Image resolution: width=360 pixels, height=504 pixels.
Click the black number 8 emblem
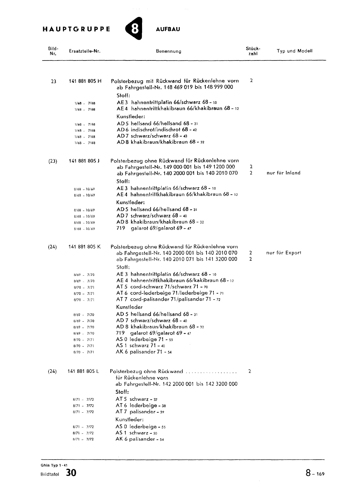134,29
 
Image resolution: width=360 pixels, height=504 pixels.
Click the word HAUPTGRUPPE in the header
77,29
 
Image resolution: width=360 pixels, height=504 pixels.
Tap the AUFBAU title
168,29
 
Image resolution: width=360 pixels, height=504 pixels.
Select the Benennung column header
169,51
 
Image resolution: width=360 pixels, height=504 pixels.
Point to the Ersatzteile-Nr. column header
84,51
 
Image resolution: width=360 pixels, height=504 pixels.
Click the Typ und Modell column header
294,51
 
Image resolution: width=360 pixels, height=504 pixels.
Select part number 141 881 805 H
85,81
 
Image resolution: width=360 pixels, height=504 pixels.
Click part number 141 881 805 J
84,161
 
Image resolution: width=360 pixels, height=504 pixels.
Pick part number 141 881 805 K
84,247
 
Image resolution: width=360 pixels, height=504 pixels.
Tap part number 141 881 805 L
83,371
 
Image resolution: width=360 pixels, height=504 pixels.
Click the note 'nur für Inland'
283,173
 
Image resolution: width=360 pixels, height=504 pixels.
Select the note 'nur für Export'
284,253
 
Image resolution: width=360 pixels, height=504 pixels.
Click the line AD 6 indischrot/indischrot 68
157,130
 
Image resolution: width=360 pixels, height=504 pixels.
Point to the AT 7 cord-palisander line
168,299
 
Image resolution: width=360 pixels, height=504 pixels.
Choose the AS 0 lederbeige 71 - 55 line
144,340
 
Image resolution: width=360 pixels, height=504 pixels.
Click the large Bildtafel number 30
71,473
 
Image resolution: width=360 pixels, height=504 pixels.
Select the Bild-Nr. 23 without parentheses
54,81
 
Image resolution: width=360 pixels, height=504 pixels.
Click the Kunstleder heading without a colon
129,307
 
